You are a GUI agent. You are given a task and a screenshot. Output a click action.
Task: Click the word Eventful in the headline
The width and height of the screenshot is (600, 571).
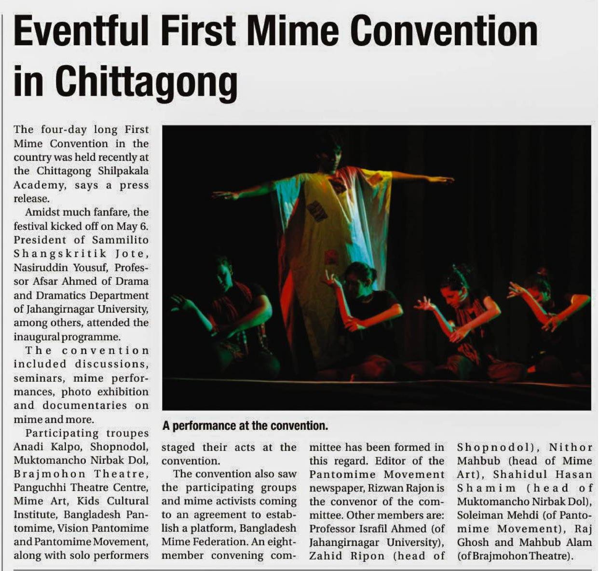pyautogui.click(x=81, y=31)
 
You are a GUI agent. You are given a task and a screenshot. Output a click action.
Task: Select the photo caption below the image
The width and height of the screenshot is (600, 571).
pyautogui.click(x=245, y=426)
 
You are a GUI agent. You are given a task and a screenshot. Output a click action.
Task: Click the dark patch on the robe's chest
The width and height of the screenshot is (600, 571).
pyautogui.click(x=317, y=210)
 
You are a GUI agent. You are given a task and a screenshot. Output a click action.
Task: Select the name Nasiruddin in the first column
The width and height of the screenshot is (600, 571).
pyautogui.click(x=42, y=267)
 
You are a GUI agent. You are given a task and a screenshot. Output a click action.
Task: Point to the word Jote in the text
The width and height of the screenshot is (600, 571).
pyautogui.click(x=130, y=254)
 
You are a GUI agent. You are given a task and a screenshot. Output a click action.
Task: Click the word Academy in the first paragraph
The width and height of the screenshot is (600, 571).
pyautogui.click(x=39, y=185)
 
